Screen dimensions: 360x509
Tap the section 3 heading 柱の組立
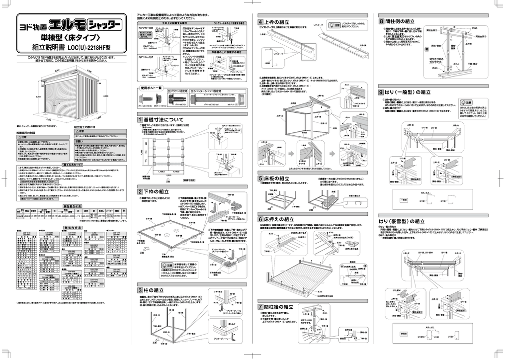154,290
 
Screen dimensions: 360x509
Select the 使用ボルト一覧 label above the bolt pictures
152,88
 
